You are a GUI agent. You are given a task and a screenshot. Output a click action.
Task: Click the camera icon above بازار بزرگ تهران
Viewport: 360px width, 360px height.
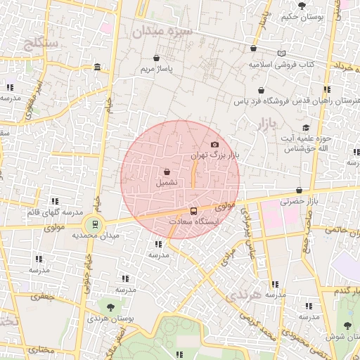click(x=215, y=144)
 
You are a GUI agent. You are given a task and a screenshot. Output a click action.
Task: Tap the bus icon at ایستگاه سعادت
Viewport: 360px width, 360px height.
click(x=194, y=211)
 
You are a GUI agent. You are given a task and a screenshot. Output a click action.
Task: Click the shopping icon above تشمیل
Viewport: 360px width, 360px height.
click(x=167, y=172)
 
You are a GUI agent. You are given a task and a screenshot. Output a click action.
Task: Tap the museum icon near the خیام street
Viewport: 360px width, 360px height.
click(x=96, y=67)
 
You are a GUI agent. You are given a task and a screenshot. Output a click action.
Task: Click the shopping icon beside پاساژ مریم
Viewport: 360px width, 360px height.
click(x=155, y=58)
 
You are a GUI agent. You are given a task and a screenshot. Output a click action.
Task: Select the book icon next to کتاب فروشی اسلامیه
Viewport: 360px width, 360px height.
click(x=282, y=53)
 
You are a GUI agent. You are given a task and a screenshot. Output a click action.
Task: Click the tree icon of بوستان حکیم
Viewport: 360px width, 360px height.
click(x=302, y=6)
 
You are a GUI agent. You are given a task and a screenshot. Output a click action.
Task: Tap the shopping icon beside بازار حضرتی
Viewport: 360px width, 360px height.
click(x=300, y=190)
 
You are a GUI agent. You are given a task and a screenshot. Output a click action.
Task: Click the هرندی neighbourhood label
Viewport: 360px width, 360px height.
click(x=243, y=295)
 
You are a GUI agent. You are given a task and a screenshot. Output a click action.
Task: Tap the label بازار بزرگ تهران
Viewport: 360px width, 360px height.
click(x=217, y=154)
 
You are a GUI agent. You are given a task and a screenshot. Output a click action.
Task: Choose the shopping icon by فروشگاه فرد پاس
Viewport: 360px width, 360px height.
click(x=262, y=90)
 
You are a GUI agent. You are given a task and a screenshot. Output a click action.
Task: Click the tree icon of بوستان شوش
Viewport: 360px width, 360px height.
click(x=347, y=326)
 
